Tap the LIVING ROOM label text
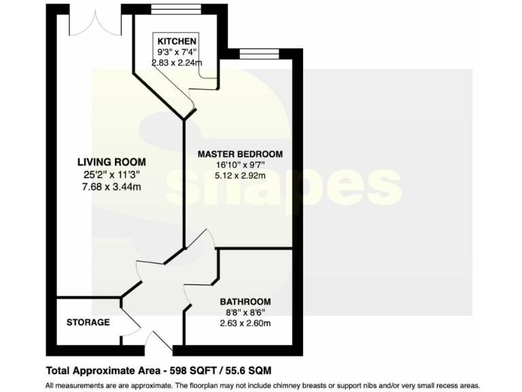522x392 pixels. [x=111, y=162]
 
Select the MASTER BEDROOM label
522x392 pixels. [x=240, y=154]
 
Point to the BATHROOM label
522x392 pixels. [x=245, y=301]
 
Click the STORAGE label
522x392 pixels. [x=88, y=322]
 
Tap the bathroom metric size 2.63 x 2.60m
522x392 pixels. [x=245, y=323]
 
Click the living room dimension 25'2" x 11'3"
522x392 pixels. [x=111, y=174]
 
